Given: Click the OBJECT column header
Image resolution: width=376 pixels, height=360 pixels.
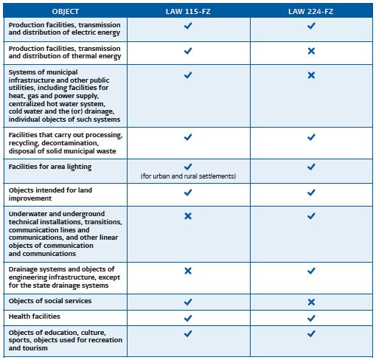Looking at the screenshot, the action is coord(64,12).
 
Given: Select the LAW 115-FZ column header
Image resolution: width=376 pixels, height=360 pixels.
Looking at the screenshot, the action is coord(187,12).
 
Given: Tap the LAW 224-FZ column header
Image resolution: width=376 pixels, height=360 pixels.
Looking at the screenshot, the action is coord(310,12).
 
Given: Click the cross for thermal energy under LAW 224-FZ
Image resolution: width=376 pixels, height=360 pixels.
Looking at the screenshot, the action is coord(310,51).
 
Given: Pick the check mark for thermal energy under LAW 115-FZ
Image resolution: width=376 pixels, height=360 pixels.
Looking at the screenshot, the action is coord(187,51).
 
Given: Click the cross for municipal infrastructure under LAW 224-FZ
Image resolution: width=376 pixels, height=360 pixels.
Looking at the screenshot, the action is coord(310,75).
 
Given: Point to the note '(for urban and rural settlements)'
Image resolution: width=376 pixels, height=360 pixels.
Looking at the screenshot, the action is coord(187,177).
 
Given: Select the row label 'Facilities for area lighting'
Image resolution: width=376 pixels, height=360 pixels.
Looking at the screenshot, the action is coord(50,167).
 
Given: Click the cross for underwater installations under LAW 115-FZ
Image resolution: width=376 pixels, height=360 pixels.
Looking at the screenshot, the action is coord(187,216).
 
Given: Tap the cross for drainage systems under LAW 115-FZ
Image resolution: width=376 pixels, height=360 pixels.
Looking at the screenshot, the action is coord(187,271).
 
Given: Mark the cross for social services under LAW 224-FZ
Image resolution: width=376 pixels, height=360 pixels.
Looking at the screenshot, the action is coord(310,302).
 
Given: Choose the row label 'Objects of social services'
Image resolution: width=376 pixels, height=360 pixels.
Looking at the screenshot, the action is coord(50,302).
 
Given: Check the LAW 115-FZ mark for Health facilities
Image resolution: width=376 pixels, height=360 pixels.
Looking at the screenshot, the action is coord(187,318).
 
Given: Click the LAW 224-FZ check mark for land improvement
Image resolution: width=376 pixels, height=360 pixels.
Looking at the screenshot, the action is coord(310,193).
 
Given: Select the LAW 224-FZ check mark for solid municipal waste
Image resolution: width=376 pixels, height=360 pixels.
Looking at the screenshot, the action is coord(310,136).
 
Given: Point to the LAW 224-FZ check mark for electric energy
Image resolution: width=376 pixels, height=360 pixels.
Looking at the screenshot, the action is coord(310,26).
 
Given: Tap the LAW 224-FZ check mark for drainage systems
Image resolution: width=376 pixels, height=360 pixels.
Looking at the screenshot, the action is coord(310,271).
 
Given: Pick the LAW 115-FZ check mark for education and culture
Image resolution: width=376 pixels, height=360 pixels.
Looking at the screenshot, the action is coord(187,333).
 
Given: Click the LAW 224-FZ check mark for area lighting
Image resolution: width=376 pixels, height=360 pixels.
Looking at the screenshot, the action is coord(310,167).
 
